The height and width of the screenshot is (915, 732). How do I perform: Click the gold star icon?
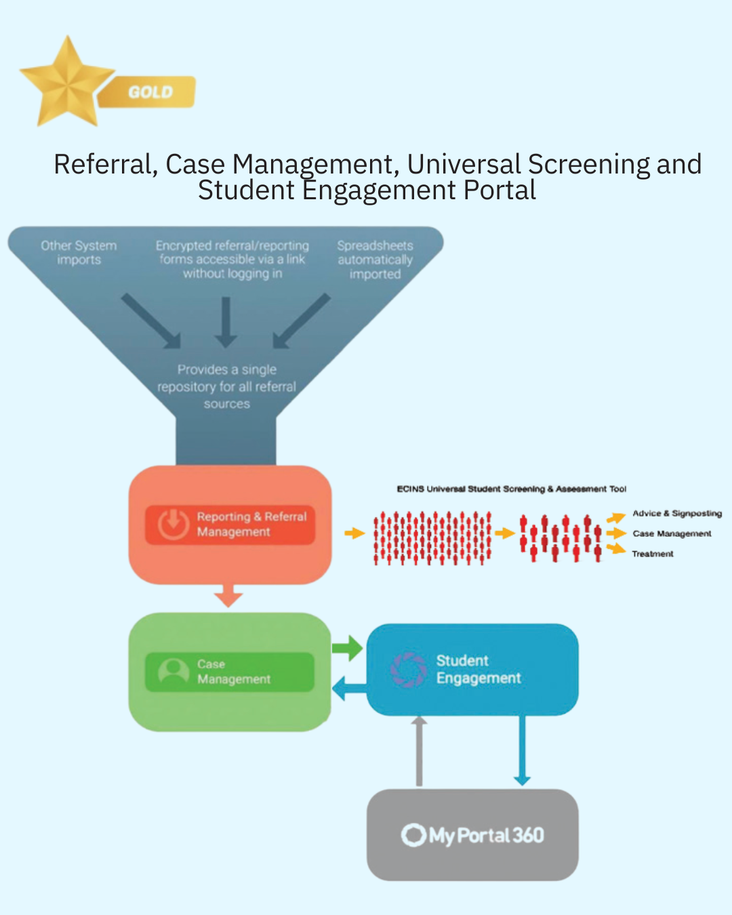(66, 83)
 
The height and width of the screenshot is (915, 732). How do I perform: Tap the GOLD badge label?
(150, 92)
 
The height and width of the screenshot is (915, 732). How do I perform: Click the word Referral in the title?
(104, 165)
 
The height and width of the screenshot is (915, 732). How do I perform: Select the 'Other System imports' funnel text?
(79, 253)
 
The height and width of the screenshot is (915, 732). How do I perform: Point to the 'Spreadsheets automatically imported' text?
(375, 260)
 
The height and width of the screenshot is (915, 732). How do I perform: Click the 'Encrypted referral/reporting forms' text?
(232, 260)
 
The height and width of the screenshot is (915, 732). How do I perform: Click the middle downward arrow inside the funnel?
(226, 322)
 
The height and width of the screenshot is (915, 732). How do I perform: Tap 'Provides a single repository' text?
(226, 386)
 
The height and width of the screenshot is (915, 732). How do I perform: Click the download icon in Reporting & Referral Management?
(174, 524)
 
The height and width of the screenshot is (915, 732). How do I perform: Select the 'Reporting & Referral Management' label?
(251, 524)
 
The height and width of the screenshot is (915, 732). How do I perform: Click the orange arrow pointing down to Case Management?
(228, 596)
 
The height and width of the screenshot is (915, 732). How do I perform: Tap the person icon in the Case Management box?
(174, 672)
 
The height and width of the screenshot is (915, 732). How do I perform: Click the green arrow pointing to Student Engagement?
(347, 648)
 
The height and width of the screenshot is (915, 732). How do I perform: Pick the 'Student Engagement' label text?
(478, 670)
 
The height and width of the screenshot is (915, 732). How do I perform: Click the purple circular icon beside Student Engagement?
(408, 670)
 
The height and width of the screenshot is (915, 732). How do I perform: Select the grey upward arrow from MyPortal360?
(419, 751)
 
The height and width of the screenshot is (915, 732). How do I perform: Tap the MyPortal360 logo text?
(473, 835)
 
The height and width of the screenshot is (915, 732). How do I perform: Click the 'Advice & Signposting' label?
(676, 514)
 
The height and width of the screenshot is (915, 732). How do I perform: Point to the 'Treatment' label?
(653, 554)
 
